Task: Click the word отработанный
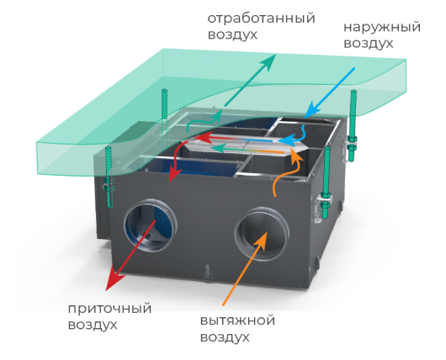[x=261, y=19]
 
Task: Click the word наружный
[x=382, y=28]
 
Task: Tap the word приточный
[x=109, y=309]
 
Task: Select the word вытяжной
[x=238, y=320]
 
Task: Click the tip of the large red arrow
[x=107, y=290]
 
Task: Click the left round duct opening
[x=151, y=225]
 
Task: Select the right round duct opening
[x=262, y=234]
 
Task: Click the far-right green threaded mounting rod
[x=353, y=125]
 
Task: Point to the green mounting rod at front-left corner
[x=109, y=177]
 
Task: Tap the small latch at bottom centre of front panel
[x=207, y=273]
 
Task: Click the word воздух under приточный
[x=93, y=326]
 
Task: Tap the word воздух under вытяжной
[x=225, y=337]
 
